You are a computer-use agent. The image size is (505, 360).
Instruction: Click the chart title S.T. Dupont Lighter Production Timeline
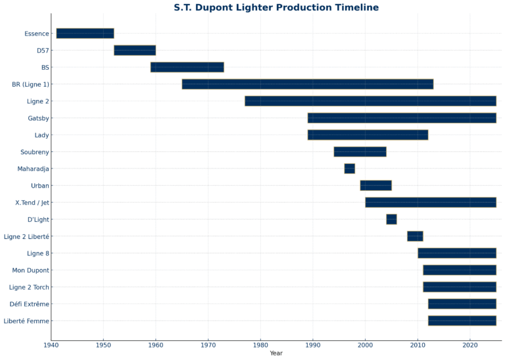(276, 7)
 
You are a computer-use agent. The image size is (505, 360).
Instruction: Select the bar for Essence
(85, 34)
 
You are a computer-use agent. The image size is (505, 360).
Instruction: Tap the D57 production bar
(135, 50)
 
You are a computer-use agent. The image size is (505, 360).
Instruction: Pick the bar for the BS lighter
(187, 67)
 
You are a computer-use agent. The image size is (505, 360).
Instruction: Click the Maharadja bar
(349, 168)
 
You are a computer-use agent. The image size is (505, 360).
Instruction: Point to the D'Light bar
(391, 219)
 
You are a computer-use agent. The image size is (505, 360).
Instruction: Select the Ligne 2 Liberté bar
(415, 236)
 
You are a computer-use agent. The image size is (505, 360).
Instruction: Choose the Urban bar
(375, 186)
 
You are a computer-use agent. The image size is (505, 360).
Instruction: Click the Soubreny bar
(360, 152)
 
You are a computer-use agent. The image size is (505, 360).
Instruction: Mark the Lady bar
(368, 135)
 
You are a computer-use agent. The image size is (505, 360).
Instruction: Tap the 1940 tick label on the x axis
(51, 345)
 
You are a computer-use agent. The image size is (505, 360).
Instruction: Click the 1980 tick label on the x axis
(260, 345)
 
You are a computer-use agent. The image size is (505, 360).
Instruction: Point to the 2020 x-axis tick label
(469, 345)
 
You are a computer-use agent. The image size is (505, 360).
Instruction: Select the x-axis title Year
(276, 354)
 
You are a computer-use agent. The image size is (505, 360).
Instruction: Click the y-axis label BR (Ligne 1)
(31, 84)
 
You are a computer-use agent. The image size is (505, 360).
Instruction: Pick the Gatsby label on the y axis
(38, 118)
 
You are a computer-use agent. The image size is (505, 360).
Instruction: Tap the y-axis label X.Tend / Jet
(32, 203)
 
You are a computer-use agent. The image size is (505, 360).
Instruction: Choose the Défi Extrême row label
(30, 304)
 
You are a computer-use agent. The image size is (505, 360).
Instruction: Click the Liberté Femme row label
(26, 321)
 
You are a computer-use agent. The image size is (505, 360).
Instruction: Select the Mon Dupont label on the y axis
(30, 270)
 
